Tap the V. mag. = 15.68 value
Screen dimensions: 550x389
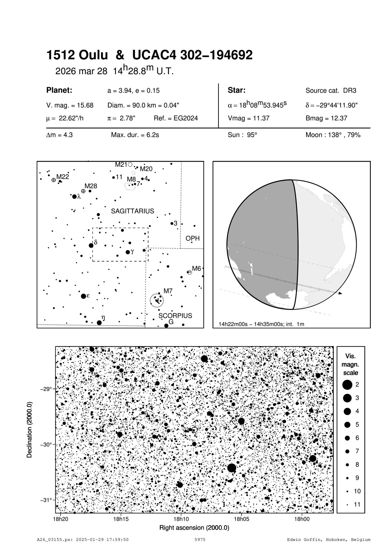click(70, 105)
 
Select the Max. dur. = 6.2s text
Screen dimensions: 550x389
click(135, 135)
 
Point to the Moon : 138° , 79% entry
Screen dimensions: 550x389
click(333, 135)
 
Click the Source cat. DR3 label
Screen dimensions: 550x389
click(331, 91)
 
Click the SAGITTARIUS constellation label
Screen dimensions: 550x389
click(132, 211)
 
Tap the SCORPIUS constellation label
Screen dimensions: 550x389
click(175, 315)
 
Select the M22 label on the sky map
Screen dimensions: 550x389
click(62, 177)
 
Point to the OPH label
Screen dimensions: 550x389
click(192, 238)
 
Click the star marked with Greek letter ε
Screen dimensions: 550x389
click(84, 296)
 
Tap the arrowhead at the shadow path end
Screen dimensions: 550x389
click(340, 293)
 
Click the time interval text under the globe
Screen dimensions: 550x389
click(262, 324)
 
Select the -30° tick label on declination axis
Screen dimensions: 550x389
click(46, 445)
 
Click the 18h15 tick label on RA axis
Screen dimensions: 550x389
click(121, 519)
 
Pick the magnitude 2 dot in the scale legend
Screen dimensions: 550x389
click(347, 384)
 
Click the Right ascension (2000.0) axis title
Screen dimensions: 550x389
click(194, 528)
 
